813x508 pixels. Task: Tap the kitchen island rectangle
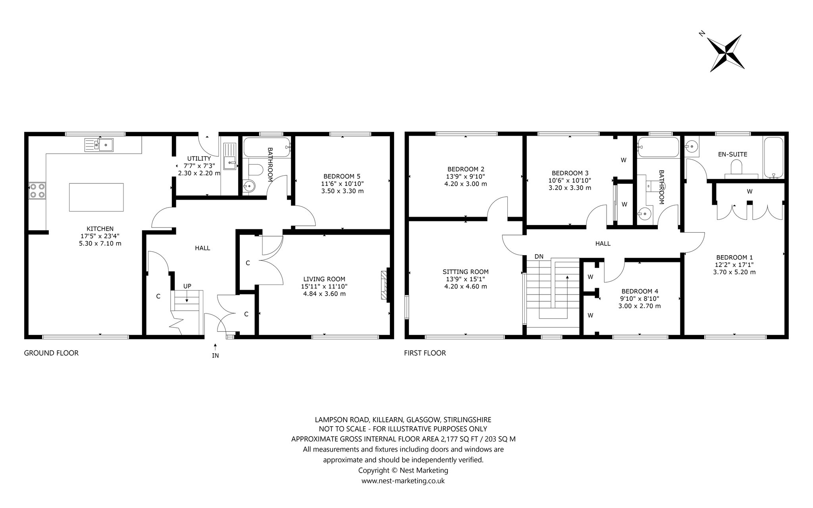click(96, 197)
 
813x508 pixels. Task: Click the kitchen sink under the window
click(99, 145)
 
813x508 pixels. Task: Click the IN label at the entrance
click(215, 356)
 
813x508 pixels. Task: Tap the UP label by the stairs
click(187, 286)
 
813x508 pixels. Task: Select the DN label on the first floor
click(539, 256)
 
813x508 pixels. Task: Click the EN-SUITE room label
click(732, 154)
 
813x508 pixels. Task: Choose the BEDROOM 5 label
click(342, 176)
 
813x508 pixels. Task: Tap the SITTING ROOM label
click(466, 272)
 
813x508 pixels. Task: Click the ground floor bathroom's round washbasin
click(249, 185)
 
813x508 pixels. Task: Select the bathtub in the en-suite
click(773, 158)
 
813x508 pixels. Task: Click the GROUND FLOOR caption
click(51, 353)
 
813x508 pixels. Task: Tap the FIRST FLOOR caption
click(425, 353)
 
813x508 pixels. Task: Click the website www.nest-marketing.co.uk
click(403, 481)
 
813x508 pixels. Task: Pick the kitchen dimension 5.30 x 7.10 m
click(100, 243)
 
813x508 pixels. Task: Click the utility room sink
click(230, 162)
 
